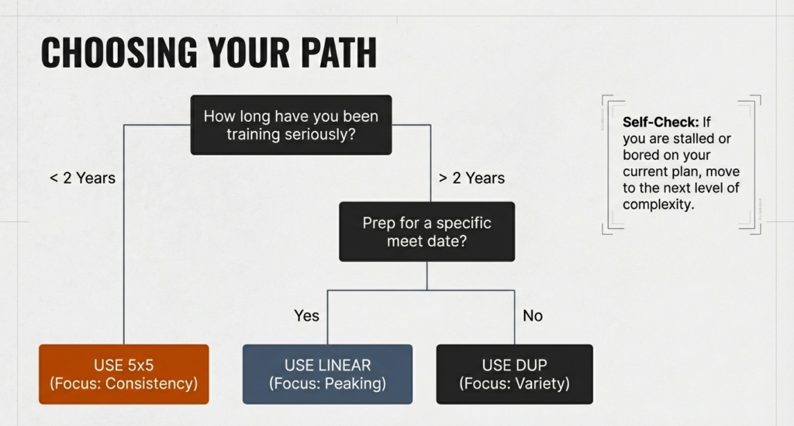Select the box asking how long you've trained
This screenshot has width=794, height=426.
tap(291, 125)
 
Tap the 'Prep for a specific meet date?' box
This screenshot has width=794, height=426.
tap(426, 231)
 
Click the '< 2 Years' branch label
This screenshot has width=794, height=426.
tap(82, 178)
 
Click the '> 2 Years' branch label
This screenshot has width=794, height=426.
tap(471, 178)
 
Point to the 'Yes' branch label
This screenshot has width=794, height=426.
tap(306, 316)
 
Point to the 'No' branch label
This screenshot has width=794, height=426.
tap(533, 316)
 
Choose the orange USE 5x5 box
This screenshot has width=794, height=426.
tap(124, 374)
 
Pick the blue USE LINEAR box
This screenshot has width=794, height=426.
tap(327, 374)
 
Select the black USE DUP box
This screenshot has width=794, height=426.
tap(515, 374)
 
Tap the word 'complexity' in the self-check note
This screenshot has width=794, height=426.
tap(658, 205)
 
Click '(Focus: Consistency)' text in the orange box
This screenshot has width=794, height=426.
tap(124, 383)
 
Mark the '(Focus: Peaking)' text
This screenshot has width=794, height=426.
tap(327, 383)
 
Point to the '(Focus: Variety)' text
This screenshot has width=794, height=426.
tap(515, 383)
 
